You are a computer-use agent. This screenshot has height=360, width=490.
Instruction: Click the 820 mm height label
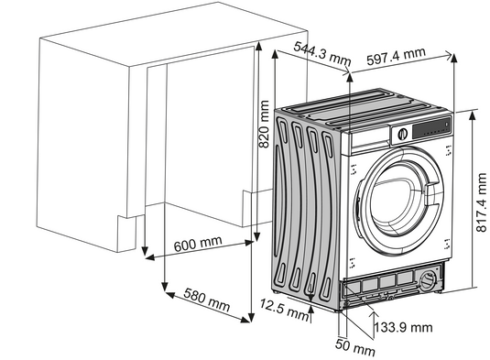click(x=264, y=124)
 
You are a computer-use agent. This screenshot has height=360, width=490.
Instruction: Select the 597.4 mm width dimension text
click(x=396, y=56)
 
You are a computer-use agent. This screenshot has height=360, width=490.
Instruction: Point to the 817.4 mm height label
click(x=481, y=202)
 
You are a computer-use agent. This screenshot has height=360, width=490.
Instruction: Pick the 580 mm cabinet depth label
click(x=207, y=300)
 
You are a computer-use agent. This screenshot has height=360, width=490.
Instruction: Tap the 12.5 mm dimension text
click(x=284, y=309)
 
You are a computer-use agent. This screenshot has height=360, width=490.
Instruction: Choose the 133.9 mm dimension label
click(x=403, y=327)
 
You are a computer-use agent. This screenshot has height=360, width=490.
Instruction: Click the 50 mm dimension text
click(x=355, y=347)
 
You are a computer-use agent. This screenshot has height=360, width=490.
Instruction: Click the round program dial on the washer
click(x=403, y=134)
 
